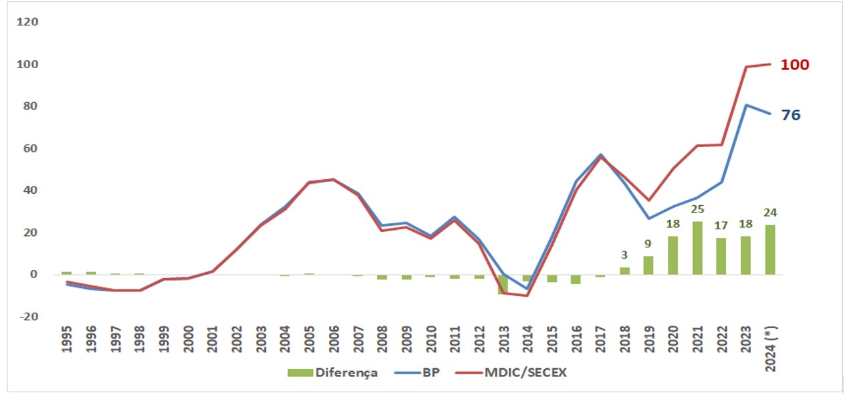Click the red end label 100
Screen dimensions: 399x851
[x=796, y=65]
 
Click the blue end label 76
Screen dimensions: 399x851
[x=791, y=115]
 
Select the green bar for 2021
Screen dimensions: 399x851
[x=697, y=248]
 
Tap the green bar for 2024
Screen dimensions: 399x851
[x=770, y=249]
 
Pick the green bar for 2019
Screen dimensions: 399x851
[x=648, y=265]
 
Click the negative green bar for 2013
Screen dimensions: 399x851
[x=503, y=284]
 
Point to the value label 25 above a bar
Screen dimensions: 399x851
[x=697, y=209]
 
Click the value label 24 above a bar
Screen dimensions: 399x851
[x=770, y=213]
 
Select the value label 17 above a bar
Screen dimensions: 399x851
[x=721, y=226]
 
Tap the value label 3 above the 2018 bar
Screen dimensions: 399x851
[x=624, y=255]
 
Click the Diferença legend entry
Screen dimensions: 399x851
[x=333, y=372]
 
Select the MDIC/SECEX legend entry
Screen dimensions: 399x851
[x=511, y=372]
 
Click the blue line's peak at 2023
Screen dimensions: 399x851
[x=746, y=105]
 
